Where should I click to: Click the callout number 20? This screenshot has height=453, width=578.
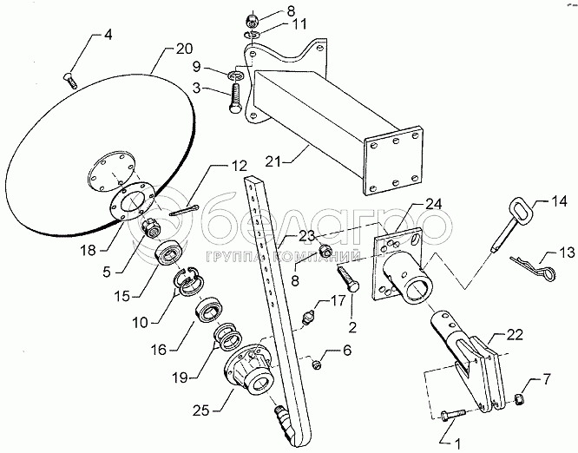tap(184, 49)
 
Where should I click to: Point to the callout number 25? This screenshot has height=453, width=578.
tap(201, 410)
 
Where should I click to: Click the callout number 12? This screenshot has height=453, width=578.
tap(240, 166)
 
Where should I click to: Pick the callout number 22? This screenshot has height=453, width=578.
tap(515, 335)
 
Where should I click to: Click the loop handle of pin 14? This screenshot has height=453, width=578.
tap(522, 210)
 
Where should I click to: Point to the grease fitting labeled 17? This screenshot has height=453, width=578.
tap(309, 318)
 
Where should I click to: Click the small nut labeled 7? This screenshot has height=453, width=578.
tap(519, 398)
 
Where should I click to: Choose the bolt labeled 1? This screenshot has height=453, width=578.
tap(453, 414)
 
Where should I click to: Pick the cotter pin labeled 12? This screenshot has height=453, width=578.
tap(184, 210)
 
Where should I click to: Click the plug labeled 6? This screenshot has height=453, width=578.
tap(317, 364)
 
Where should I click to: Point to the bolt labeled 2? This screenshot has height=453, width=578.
tap(346, 279)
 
